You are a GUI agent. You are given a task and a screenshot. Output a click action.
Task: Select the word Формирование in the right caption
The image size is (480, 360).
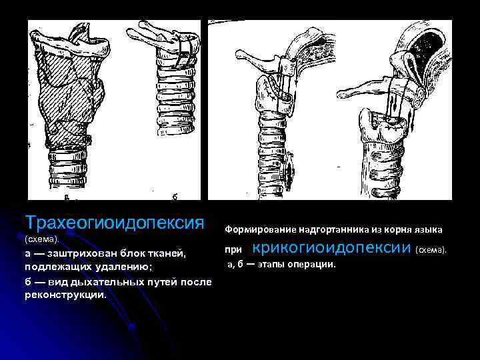point(256,229)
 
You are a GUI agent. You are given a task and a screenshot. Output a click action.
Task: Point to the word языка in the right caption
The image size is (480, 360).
point(428,229)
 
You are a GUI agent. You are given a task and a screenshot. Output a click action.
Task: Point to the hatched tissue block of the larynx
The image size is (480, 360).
point(70,100)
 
